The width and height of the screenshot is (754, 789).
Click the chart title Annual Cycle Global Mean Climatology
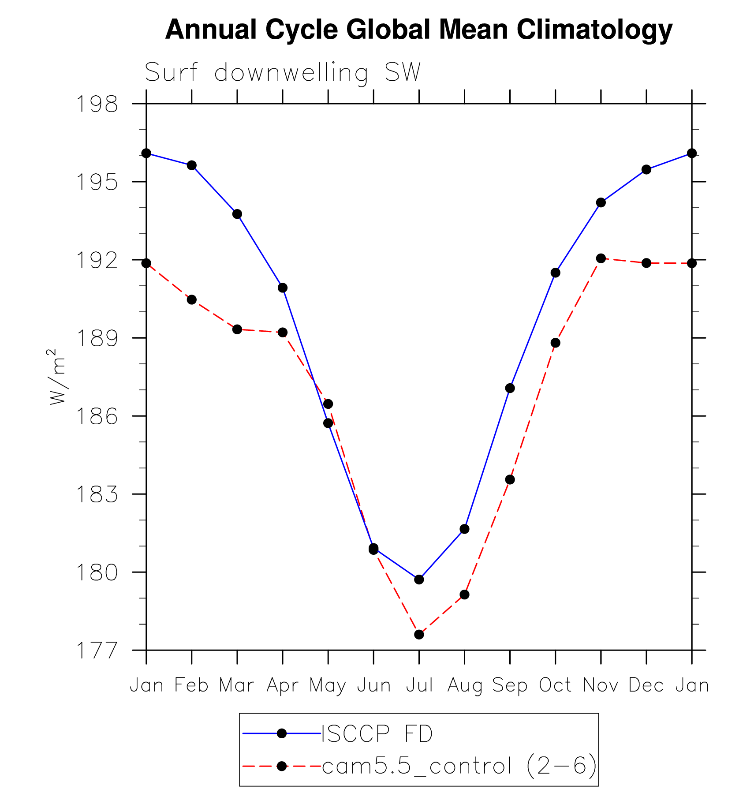click(418, 30)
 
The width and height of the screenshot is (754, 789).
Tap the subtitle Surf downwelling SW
click(283, 73)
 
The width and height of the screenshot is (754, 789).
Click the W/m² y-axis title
click(57, 377)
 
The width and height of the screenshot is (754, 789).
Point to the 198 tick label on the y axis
click(97, 105)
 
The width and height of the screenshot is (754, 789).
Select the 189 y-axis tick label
click(97, 338)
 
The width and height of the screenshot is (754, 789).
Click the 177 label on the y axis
click(97, 651)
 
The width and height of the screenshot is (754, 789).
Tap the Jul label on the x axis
click(419, 685)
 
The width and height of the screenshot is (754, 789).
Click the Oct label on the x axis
click(555, 685)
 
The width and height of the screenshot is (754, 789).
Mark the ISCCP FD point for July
click(419, 580)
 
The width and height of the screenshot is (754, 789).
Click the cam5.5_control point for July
click(419, 635)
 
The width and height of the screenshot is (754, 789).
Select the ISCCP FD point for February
click(192, 165)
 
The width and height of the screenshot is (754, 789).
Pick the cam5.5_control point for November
click(601, 258)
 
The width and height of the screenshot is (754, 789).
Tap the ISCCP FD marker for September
click(510, 388)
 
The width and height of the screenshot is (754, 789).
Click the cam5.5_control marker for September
click(510, 479)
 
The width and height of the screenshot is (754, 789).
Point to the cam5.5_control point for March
click(237, 329)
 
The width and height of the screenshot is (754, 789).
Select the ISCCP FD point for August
click(464, 529)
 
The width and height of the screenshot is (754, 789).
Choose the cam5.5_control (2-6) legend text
click(459, 767)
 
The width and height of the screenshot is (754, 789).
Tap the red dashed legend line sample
click(260, 767)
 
